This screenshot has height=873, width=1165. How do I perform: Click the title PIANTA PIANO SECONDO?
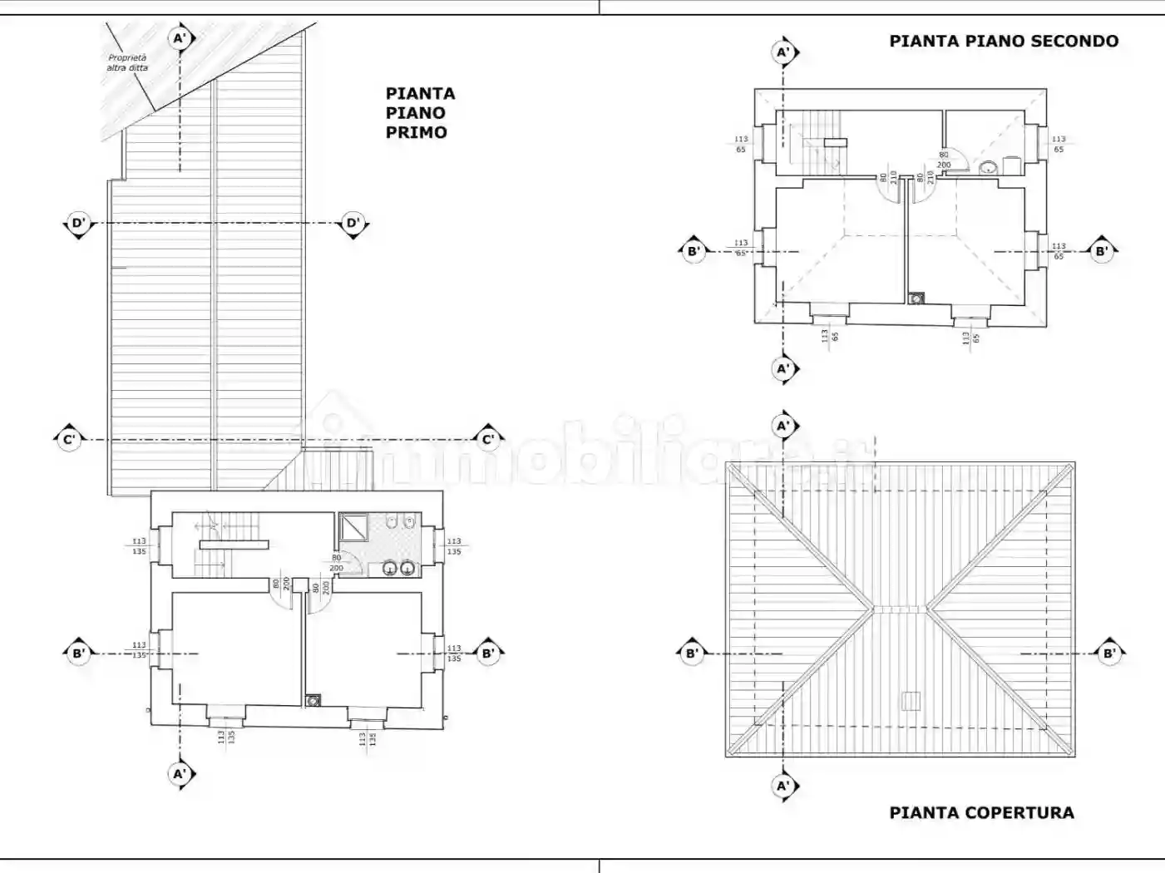click(1004, 41)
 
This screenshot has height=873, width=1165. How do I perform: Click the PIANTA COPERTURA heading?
click(981, 812)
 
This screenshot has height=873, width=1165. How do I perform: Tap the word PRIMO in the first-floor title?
click(416, 132)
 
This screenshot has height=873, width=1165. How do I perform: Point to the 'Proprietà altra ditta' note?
click(127, 63)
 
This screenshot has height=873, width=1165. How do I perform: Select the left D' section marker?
click(78, 223)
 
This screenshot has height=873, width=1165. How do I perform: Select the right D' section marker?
click(353, 223)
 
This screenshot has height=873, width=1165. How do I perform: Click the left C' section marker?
click(69, 439)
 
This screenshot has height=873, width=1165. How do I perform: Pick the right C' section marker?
click(488, 439)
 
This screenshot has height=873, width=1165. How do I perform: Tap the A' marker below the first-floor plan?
click(180, 774)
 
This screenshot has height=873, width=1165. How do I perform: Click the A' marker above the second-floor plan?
click(783, 52)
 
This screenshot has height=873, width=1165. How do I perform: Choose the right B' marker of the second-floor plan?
click(1101, 251)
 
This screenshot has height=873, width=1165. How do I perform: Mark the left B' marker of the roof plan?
click(692, 654)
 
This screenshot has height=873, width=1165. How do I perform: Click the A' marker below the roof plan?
click(783, 786)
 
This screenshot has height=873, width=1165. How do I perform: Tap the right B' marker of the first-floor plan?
click(488, 654)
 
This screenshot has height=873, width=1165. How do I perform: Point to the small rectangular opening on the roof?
click(911, 700)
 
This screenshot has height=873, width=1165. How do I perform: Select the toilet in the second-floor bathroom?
click(988, 167)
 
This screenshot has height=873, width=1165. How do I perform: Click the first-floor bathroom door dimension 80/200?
click(337, 563)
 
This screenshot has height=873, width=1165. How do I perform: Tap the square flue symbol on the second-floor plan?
click(916, 298)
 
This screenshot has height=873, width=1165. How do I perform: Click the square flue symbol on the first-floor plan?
click(313, 701)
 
